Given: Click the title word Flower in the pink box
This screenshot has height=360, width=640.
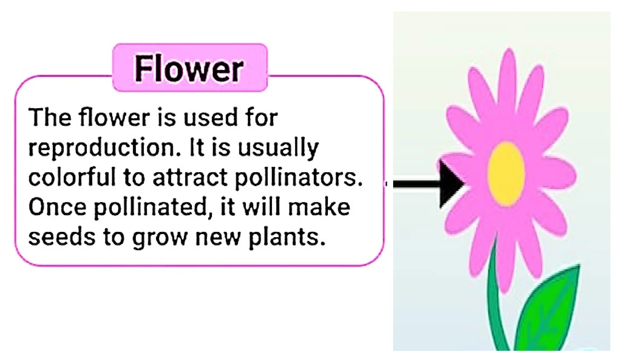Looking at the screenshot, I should pyautogui.click(x=189, y=69).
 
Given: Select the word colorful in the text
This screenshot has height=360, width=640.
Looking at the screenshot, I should pyautogui.click(x=72, y=177).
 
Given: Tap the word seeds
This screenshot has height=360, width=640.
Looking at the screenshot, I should pyautogui.click(x=62, y=237).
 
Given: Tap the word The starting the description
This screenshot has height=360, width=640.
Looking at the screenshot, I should pyautogui.click(x=50, y=117).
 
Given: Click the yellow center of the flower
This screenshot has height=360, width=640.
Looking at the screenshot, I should pyautogui.click(x=506, y=174).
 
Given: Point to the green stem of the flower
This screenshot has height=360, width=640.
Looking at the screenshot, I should pyautogui.click(x=495, y=300).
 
